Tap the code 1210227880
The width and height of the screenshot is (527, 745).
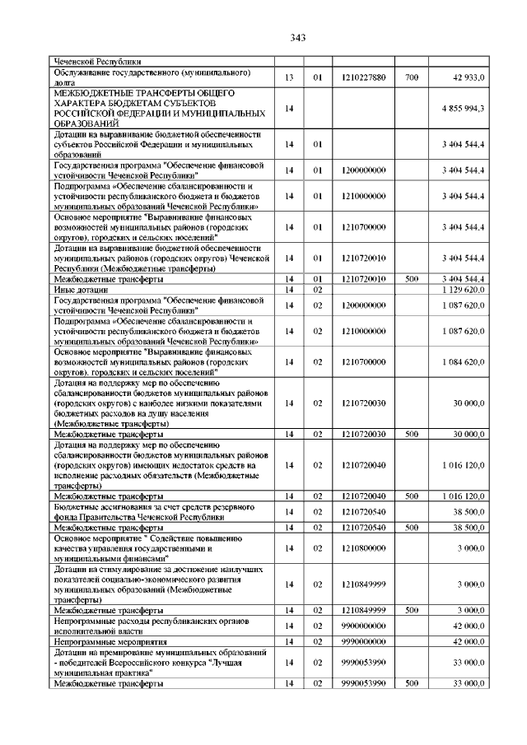pyautogui.click(x=363, y=77)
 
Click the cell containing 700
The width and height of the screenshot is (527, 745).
pyautogui.click(x=412, y=77)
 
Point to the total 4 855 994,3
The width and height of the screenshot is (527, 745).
pyautogui.click(x=462, y=109)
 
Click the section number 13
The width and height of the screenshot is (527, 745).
pyautogui.click(x=289, y=77)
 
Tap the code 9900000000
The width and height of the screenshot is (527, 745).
pyautogui.click(x=363, y=627)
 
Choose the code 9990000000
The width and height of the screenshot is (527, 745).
pyautogui.click(x=363, y=640)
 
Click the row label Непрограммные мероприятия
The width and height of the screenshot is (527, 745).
pyautogui.click(x=108, y=640)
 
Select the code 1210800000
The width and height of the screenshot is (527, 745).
pyautogui.click(x=363, y=547)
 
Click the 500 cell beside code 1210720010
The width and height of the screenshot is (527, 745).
pyautogui.click(x=412, y=280)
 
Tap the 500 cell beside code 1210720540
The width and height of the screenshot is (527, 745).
pyautogui.click(x=412, y=527)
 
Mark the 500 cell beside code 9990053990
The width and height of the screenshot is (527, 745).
pyautogui.click(x=412, y=683)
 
